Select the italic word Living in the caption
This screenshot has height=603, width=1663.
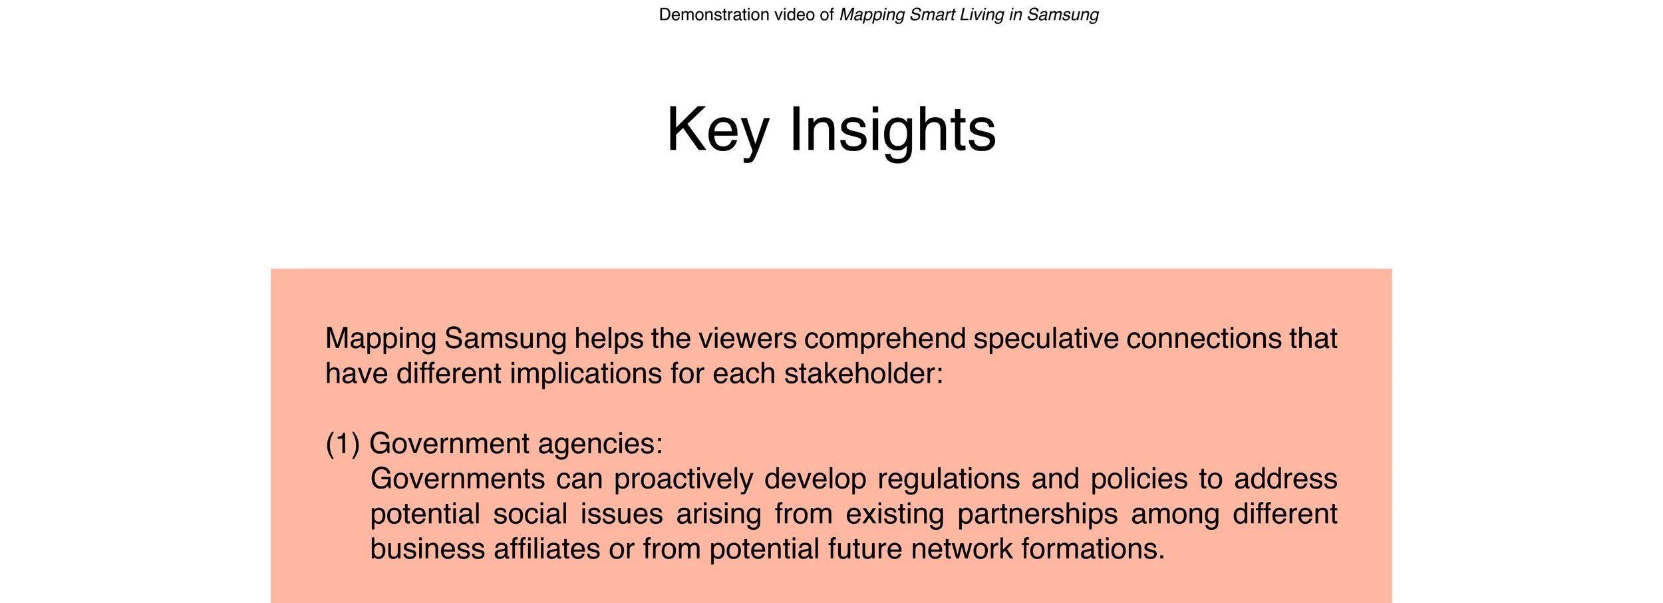(982, 15)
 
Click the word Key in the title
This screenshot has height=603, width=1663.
(717, 130)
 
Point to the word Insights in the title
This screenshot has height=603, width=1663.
(892, 130)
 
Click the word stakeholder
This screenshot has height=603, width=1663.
(863, 374)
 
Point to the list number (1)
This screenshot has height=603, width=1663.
(343, 444)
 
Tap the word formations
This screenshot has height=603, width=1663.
(1092, 550)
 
